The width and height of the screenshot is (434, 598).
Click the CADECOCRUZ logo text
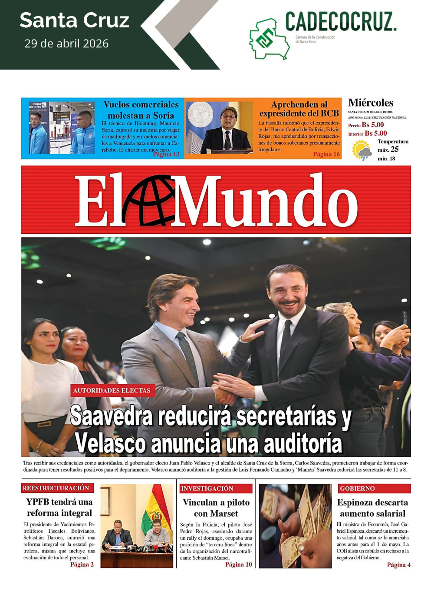click(341, 22)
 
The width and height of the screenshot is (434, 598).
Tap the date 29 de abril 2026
click(66, 43)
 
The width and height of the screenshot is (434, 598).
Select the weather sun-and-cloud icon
click(362, 150)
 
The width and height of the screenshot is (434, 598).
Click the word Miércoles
click(371, 103)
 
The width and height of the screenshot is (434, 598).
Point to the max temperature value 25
click(395, 149)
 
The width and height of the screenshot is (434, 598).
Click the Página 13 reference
click(166, 154)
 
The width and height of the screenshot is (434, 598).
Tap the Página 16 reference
click(326, 154)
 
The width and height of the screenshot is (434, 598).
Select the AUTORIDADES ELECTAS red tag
click(112, 390)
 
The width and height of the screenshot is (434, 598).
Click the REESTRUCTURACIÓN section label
click(56, 488)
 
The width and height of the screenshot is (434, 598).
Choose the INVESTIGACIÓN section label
click(207, 488)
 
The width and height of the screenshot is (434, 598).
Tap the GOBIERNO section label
click(357, 488)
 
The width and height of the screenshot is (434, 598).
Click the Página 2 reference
click(82, 565)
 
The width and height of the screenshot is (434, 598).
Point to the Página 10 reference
click(238, 565)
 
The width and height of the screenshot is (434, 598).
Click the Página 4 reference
click(398, 565)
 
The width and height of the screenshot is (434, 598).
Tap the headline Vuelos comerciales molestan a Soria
click(141, 110)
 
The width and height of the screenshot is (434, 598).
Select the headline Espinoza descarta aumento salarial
click(372, 508)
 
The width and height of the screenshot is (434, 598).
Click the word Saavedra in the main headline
click(112, 416)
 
